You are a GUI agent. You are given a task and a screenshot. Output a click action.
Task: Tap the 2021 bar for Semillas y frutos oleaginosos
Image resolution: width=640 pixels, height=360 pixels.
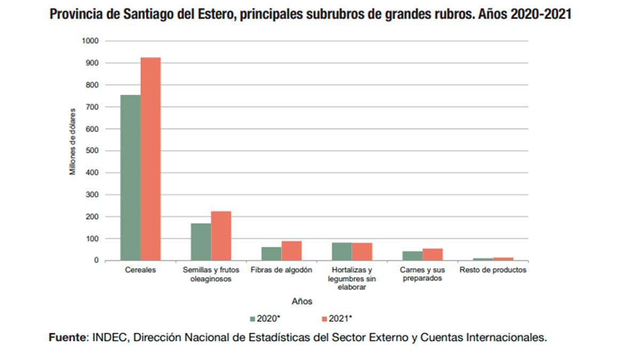pyautogui.click(x=221, y=236)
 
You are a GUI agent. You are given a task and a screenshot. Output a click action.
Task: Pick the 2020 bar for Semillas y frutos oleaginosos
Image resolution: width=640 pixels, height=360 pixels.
pyautogui.click(x=201, y=242)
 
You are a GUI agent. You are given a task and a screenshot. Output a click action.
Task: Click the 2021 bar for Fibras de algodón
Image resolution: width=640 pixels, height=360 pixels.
pyautogui.click(x=291, y=251)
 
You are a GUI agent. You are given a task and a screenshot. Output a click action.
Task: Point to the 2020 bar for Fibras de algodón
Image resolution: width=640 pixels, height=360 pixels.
pyautogui.click(x=271, y=254)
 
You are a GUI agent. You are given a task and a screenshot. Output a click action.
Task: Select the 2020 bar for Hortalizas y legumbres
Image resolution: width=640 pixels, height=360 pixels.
pyautogui.click(x=341, y=252)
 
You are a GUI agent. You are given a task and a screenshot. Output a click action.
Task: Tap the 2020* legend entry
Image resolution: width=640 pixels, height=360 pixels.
pyautogui.click(x=265, y=318)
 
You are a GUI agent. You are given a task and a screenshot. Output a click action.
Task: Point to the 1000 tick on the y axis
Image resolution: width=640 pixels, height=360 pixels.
pyautogui.click(x=91, y=41)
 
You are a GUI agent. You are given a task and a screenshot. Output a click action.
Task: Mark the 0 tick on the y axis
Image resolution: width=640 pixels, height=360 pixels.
pyautogui.click(x=97, y=261)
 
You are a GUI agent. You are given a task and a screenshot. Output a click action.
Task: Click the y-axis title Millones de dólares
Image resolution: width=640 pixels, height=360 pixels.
pyautogui.click(x=73, y=141)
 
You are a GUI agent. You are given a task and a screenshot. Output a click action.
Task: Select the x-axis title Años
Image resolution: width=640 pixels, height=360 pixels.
pyautogui.click(x=302, y=301)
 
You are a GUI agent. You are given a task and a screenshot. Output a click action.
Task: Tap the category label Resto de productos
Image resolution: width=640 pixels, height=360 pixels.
pyautogui.click(x=493, y=270)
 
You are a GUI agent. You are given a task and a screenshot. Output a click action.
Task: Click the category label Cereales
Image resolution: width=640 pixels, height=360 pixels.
pyautogui.click(x=141, y=270)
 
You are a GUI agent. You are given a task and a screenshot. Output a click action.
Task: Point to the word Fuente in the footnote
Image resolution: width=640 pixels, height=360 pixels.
pyautogui.click(x=68, y=338)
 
